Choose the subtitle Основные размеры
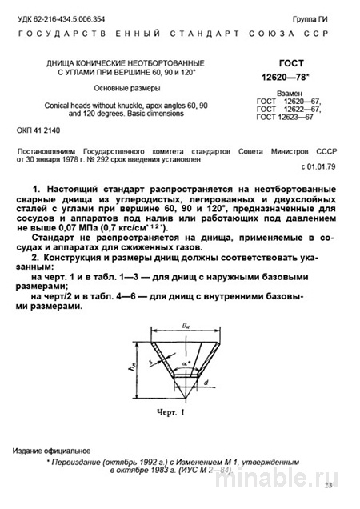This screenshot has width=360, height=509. click(128, 87)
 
